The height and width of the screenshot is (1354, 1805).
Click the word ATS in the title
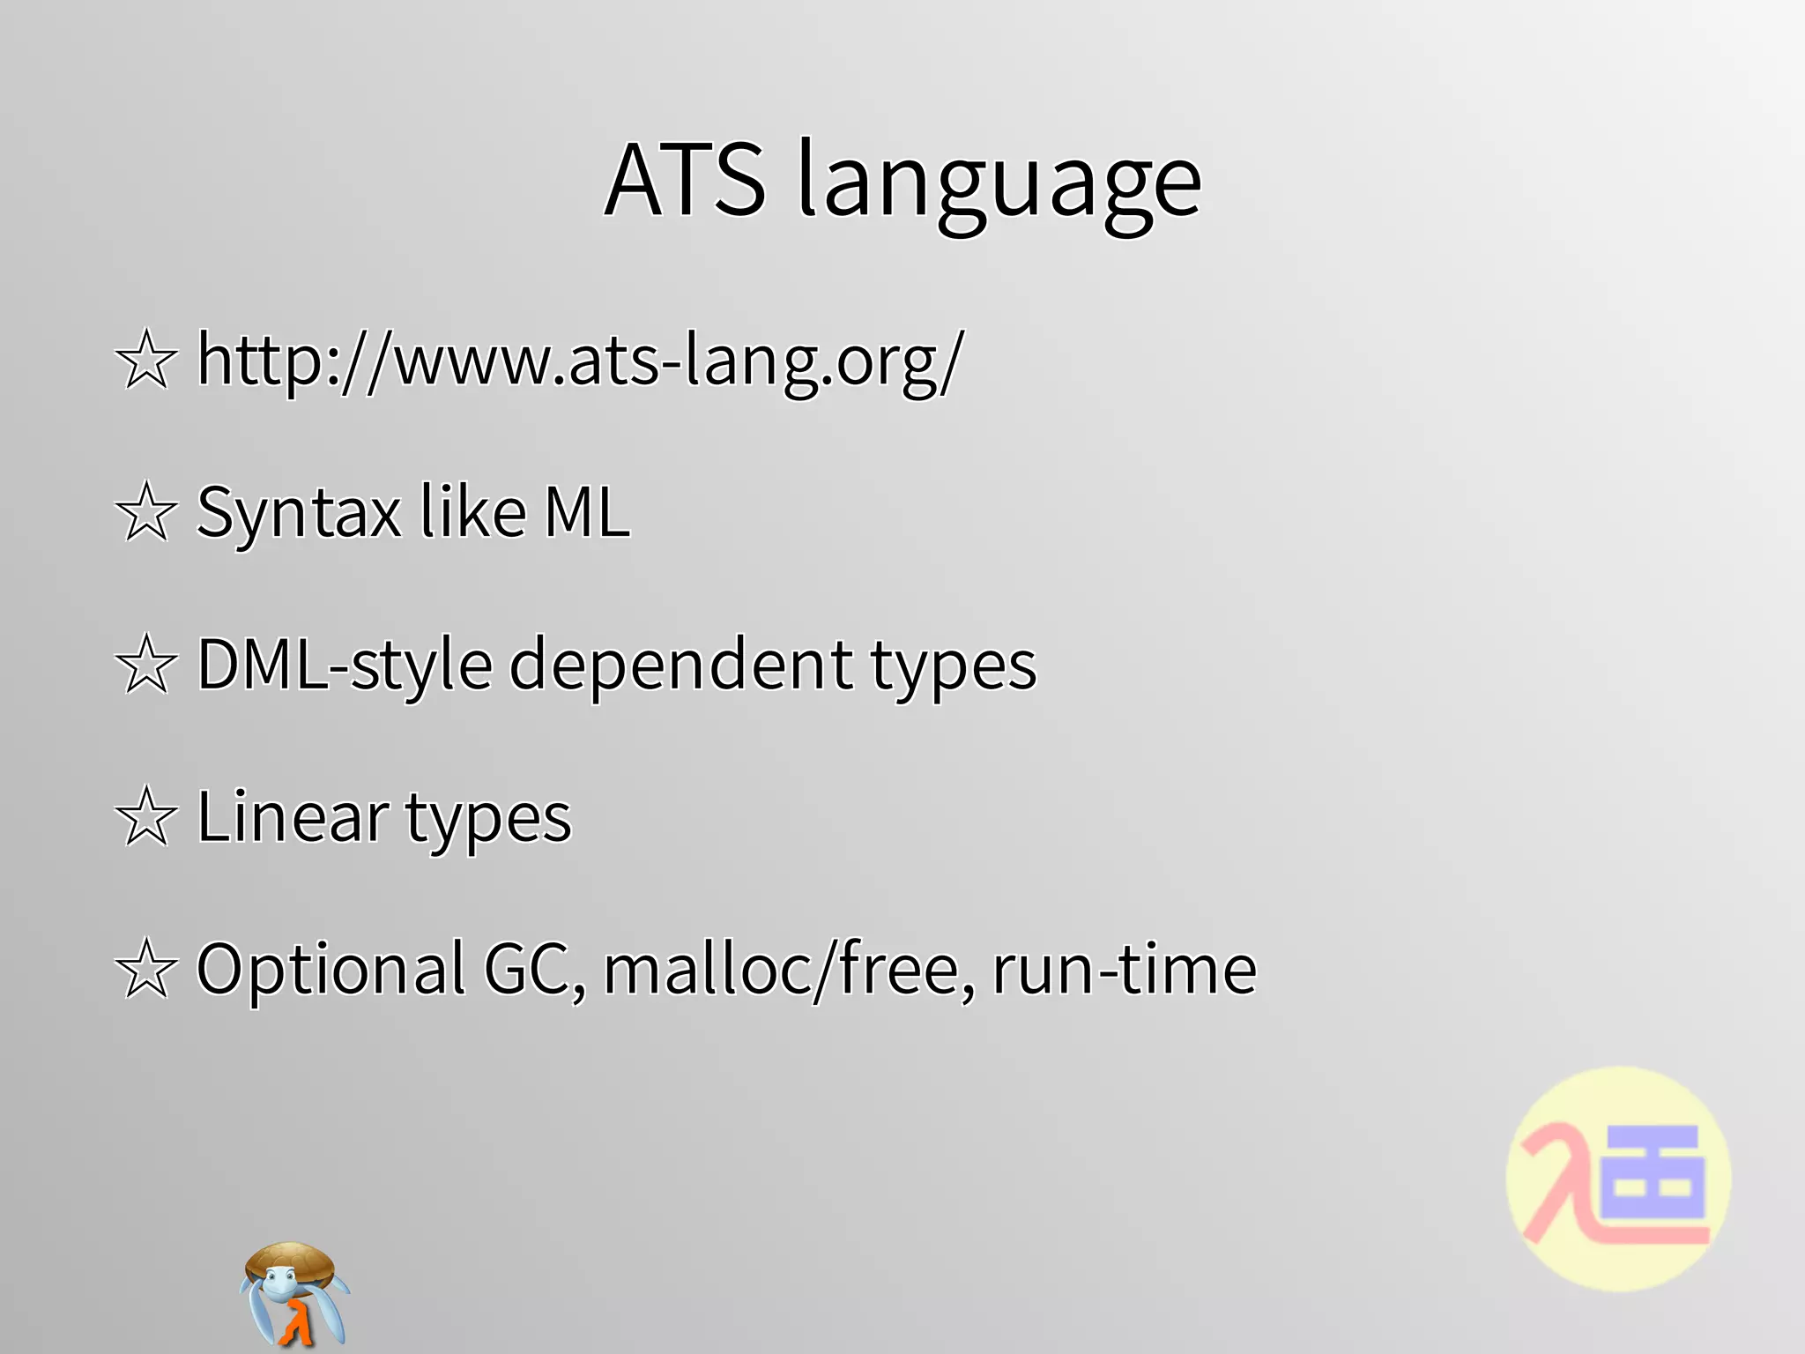[686, 180]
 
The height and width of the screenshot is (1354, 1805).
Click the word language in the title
[999, 185]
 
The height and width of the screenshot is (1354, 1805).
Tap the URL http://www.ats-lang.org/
[580, 360]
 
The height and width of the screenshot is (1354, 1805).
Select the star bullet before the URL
[146, 360]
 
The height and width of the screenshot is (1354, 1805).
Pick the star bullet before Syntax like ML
[146, 512]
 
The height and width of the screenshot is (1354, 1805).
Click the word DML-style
[345, 665]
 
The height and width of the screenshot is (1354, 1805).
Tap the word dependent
[680, 665]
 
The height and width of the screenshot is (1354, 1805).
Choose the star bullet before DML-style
[146, 665]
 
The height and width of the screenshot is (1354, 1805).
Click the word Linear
[293, 816]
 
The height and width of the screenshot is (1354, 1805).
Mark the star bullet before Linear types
[146, 817]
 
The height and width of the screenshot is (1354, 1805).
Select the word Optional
[331, 970]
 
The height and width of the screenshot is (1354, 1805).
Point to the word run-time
[1124, 969]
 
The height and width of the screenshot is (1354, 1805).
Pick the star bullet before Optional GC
[146, 969]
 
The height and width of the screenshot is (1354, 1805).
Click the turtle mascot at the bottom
[293, 1294]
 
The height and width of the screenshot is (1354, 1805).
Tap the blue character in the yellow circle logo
[1652, 1181]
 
